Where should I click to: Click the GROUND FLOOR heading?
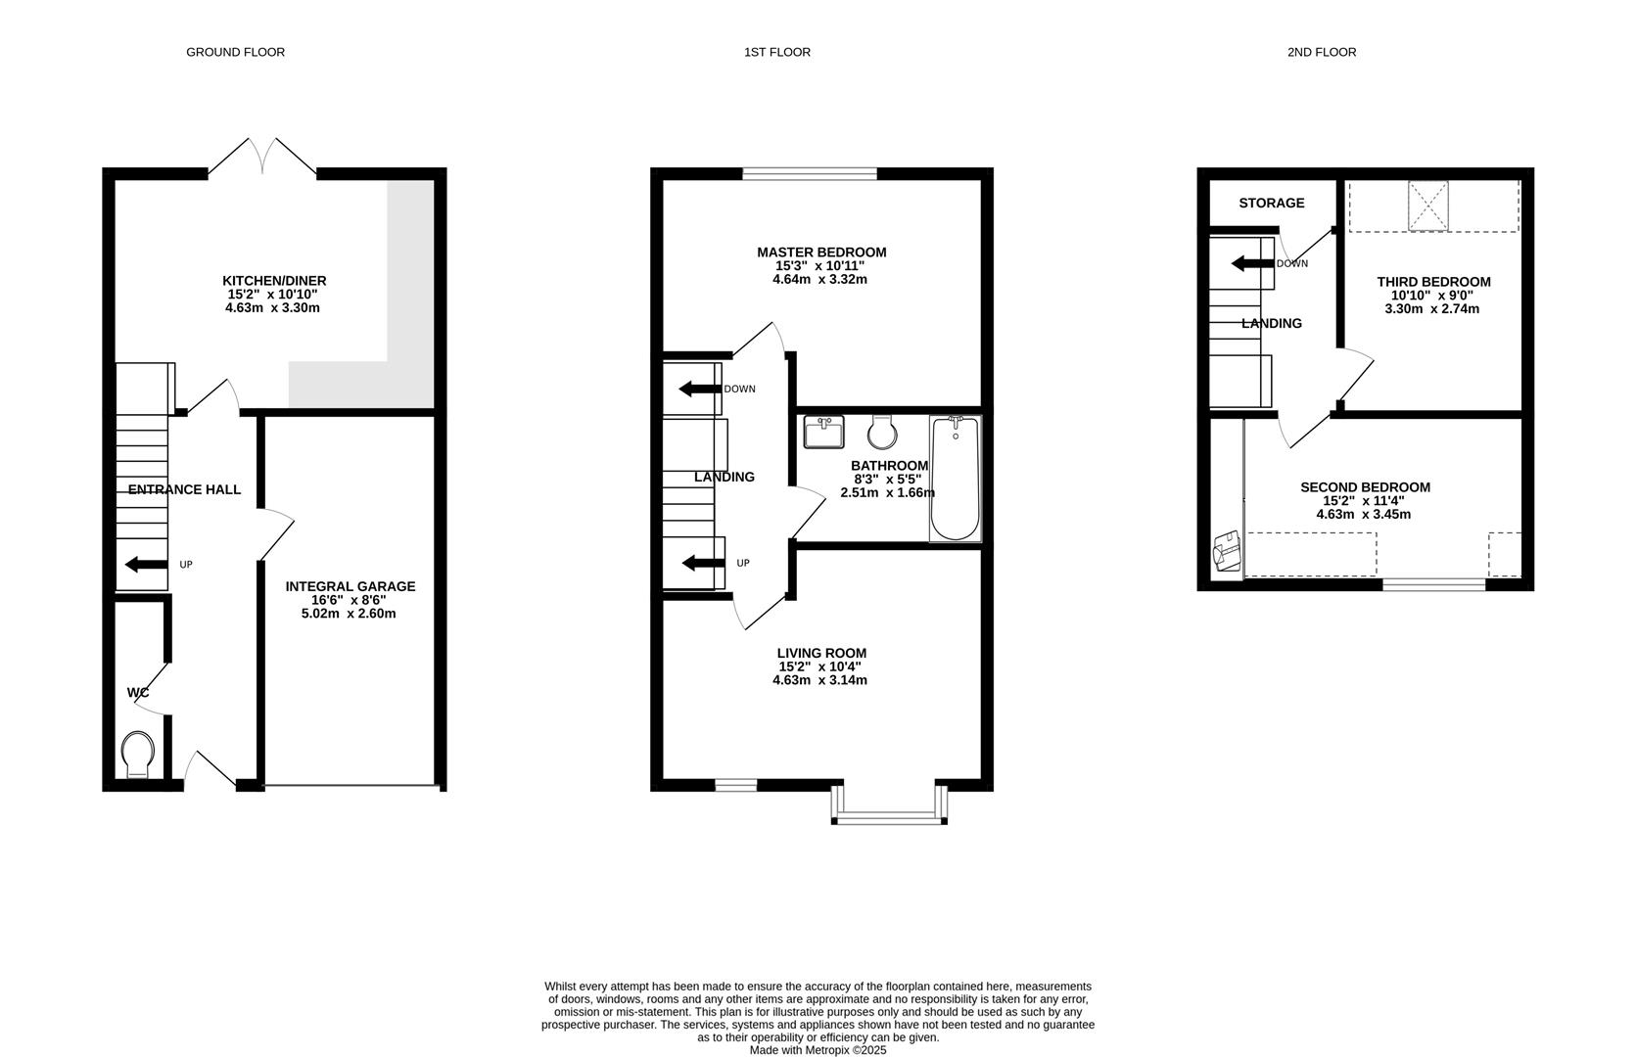pyautogui.click(x=235, y=52)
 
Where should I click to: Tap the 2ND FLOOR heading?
pyautogui.click(x=1321, y=52)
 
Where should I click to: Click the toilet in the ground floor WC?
pyautogui.click(x=138, y=755)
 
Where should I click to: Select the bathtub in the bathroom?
pyautogui.click(x=955, y=479)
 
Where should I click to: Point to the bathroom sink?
pyautogui.click(x=823, y=432)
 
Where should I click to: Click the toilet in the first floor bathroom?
pyautogui.click(x=882, y=433)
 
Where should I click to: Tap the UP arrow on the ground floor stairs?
pyautogui.click(x=146, y=565)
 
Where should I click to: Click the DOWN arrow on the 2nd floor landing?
pyautogui.click(x=1252, y=263)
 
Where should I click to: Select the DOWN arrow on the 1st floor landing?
pyautogui.click(x=700, y=390)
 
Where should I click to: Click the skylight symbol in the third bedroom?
pyautogui.click(x=1427, y=206)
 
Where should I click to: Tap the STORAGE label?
pyautogui.click(x=1272, y=203)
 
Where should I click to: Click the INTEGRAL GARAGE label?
pyautogui.click(x=351, y=586)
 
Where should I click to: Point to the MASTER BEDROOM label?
pyautogui.click(x=821, y=253)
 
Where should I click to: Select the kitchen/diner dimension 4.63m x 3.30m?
pyautogui.click(x=272, y=308)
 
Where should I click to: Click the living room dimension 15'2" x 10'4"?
pyautogui.click(x=819, y=667)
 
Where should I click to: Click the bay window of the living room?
pyautogui.click(x=890, y=805)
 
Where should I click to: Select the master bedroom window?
pyautogui.click(x=810, y=174)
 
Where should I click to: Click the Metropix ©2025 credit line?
pyautogui.click(x=818, y=1050)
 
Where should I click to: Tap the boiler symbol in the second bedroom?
pyautogui.click(x=1227, y=551)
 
